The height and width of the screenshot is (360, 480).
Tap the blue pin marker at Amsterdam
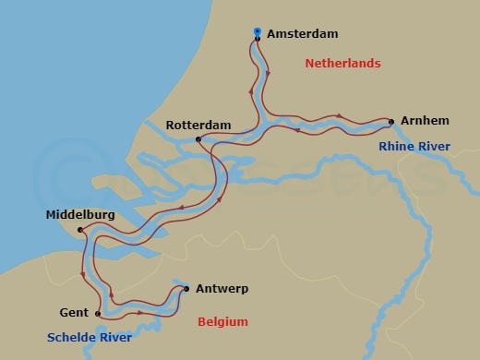(258, 32)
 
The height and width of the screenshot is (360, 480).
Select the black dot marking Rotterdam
(198, 139)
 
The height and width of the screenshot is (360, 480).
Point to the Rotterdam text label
(198, 125)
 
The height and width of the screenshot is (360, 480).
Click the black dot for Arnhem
(391, 121)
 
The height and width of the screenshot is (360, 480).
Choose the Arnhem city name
(425, 121)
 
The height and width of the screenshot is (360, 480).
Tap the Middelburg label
(80, 215)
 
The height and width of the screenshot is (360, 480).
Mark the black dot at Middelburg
(80, 230)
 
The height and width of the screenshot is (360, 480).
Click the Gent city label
(74, 313)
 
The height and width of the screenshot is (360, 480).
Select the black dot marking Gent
(97, 314)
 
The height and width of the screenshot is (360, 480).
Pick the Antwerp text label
(222, 289)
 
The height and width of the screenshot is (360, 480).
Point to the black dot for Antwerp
(186, 289)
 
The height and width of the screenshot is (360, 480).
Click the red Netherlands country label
(342, 63)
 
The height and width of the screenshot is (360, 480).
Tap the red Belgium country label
(223, 322)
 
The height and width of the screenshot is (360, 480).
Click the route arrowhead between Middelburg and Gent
(83, 274)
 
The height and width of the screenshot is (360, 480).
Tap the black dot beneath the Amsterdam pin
(258, 40)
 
